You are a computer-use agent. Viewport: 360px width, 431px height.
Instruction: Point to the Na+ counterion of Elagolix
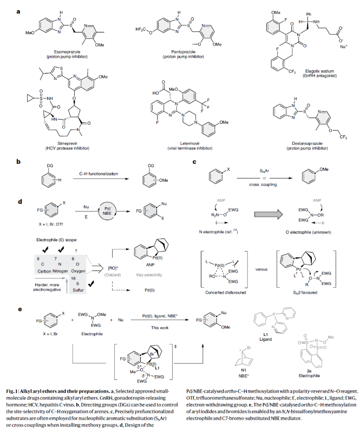point(343,47)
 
